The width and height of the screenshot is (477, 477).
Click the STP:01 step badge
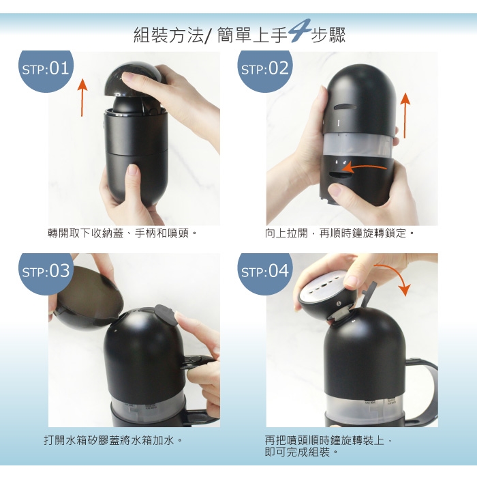46,71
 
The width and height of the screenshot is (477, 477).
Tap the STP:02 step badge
265,71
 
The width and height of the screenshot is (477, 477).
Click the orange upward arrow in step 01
82,98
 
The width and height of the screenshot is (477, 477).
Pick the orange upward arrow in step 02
405,115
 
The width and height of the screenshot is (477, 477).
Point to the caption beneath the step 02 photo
339,233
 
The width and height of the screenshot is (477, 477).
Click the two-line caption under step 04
328,446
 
